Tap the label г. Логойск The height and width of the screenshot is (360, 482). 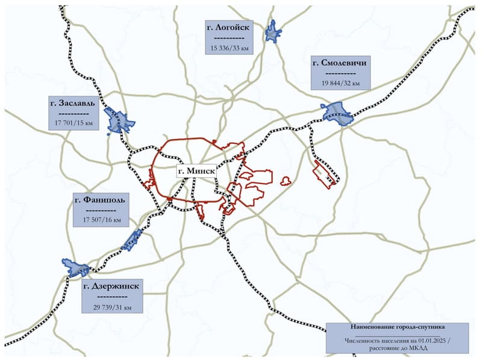point(228,27)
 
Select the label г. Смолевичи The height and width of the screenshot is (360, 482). point(340,63)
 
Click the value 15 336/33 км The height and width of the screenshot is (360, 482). point(228,47)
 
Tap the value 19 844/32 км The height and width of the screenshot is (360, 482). point(339,83)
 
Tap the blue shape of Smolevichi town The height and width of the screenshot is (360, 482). point(336,114)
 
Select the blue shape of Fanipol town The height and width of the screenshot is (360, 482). point(131,240)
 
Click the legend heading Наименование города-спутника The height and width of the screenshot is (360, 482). point(397,327)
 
